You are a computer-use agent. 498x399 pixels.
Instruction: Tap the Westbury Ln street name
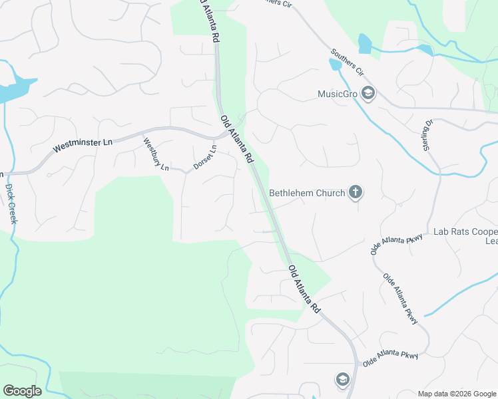tap(155, 153)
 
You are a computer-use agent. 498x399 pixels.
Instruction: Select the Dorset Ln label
tap(205, 158)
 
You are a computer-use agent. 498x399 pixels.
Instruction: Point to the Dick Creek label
tap(11, 203)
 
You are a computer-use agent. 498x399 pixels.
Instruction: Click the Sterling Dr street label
tap(427, 134)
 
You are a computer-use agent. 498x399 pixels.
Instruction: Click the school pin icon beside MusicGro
tap(368, 93)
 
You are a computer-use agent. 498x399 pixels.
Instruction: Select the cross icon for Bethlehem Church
tap(356, 193)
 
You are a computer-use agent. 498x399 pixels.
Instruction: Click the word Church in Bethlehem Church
tap(330, 194)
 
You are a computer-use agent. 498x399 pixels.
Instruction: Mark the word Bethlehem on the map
tap(290, 194)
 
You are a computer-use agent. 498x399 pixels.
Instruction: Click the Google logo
tap(22, 391)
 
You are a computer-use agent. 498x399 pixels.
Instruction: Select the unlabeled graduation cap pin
tap(342, 379)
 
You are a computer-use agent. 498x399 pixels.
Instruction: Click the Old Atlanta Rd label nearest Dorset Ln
tap(238, 139)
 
